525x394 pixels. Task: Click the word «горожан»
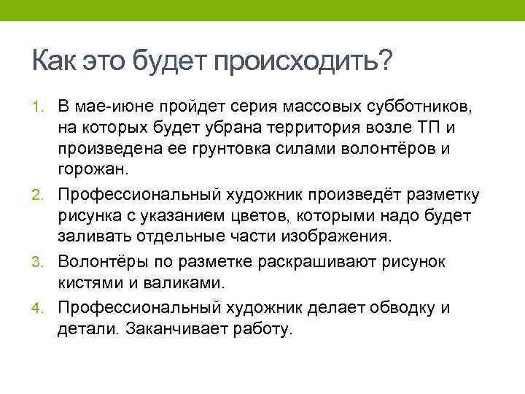[92, 172]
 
